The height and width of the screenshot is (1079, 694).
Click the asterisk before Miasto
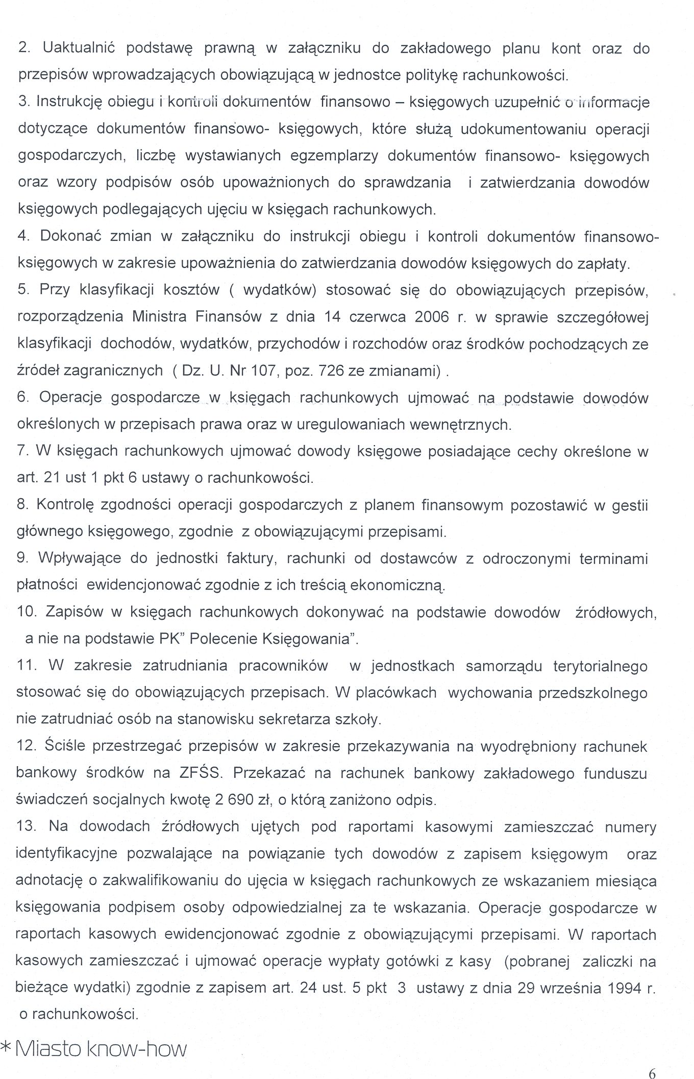click(7, 1046)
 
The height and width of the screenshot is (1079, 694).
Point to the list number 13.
click(27, 826)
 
